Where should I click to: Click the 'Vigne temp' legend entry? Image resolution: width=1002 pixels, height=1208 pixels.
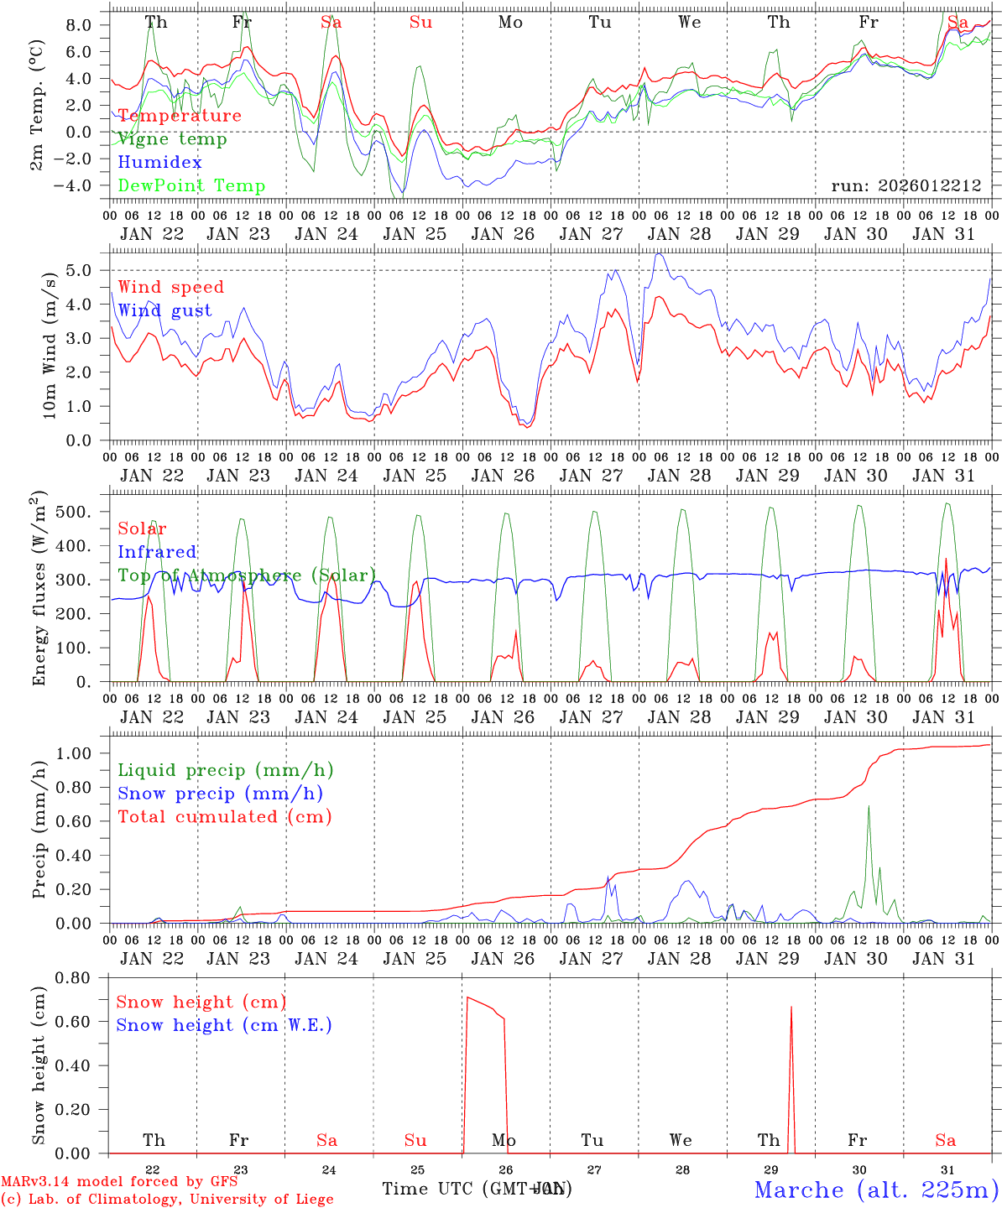coord(172,139)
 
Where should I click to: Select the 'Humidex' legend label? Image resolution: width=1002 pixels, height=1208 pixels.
coord(159,163)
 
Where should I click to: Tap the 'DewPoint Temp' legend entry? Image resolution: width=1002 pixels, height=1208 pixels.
coord(191,186)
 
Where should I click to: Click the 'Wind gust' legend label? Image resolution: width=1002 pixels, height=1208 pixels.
coord(164,310)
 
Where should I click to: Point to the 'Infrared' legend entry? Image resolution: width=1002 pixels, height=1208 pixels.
coord(157,552)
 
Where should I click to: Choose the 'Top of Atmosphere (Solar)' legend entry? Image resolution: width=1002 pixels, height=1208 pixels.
coord(247,575)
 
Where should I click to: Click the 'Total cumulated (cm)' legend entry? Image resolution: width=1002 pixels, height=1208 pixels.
coord(224,816)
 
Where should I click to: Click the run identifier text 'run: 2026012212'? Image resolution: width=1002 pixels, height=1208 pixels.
coord(906,186)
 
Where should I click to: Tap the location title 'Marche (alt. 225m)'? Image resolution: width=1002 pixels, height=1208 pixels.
coord(876,1190)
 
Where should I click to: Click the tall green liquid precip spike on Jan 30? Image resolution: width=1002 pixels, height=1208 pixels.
coord(868,808)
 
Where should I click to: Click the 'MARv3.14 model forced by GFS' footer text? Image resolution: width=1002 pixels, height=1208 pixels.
coord(119,1182)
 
